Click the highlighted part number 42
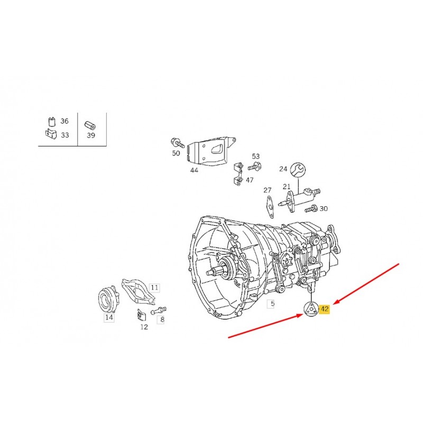click(x=325, y=309)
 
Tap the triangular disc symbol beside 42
click(x=311, y=309)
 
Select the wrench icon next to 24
click(x=298, y=170)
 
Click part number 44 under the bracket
click(x=194, y=170)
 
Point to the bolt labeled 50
click(x=177, y=143)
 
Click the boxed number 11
click(x=154, y=288)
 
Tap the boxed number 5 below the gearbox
click(x=272, y=304)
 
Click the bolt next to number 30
click(x=311, y=208)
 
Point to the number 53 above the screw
click(x=256, y=156)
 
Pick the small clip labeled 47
click(x=237, y=174)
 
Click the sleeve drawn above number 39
click(x=90, y=125)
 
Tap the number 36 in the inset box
click(x=65, y=121)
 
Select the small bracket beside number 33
click(x=51, y=134)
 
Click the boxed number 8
click(x=162, y=319)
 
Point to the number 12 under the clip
click(x=144, y=327)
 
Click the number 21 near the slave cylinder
click(x=287, y=187)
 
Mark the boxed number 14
click(x=109, y=317)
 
